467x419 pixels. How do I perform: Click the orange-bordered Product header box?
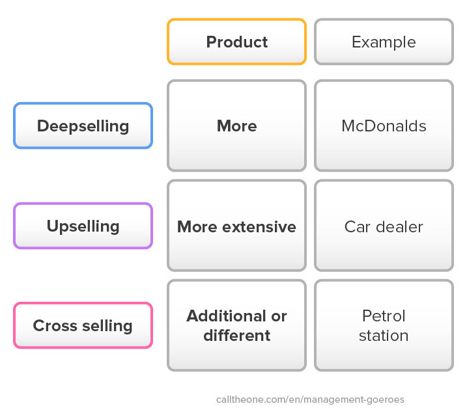coord(237,42)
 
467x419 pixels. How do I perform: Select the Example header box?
coord(384,42)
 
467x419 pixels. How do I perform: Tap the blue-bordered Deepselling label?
coord(83,126)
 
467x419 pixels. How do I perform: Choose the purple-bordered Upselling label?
coord(83,226)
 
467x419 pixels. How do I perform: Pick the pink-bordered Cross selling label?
coord(83,325)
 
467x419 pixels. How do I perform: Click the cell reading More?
coord(237,126)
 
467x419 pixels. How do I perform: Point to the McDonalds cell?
coord(384,126)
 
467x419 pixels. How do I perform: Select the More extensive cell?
coord(237,226)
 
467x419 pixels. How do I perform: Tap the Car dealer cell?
coord(384,226)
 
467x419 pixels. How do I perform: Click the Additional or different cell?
coord(237,325)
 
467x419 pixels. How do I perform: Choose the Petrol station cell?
coord(384,325)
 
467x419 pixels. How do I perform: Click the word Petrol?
coord(384,316)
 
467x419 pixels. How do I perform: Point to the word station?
coord(384,336)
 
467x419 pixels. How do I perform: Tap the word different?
coord(237,335)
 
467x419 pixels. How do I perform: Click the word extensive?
coord(259,227)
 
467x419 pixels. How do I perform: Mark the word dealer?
coord(399,227)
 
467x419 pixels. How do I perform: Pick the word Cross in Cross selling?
coord(55,325)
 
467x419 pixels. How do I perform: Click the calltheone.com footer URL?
coord(310,399)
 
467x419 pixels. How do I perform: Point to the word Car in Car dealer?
coord(358,227)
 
